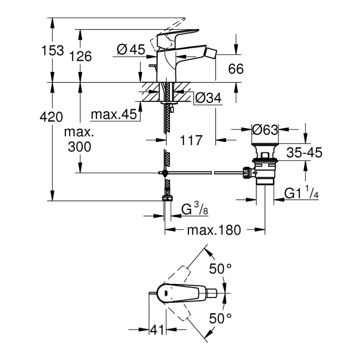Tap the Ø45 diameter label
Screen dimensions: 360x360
pyautogui.click(x=131, y=50)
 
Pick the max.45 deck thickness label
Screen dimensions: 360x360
pyautogui.click(x=114, y=114)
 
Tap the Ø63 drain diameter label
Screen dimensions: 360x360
pyautogui.click(x=265, y=130)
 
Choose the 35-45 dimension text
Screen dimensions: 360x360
pyautogui.click(x=304, y=153)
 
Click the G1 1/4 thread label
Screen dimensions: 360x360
pyautogui.click(x=302, y=193)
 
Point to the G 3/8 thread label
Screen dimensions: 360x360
pyautogui.click(x=195, y=211)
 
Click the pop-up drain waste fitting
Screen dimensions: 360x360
pyautogui.click(x=264, y=166)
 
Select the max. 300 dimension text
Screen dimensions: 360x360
pyautogui.click(x=80, y=139)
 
